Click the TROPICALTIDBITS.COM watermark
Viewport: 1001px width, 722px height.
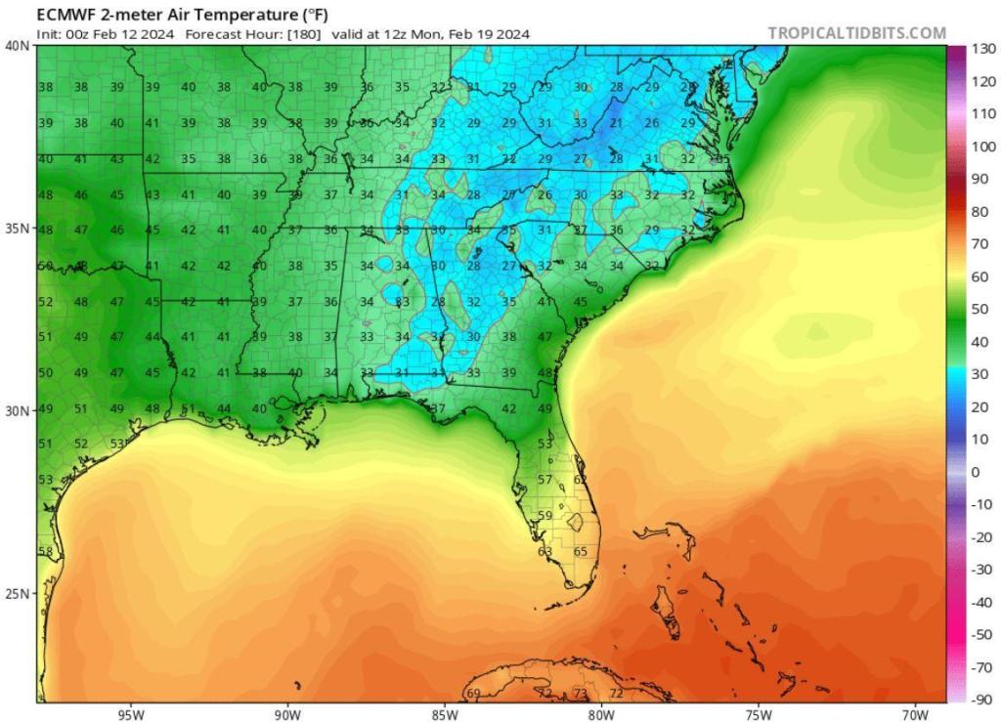coord(856,33)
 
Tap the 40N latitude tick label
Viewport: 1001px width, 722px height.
coord(17,45)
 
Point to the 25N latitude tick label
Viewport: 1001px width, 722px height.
coord(17,594)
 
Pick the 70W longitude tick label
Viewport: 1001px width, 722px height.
coord(914,712)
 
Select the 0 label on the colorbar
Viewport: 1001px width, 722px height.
coord(975,472)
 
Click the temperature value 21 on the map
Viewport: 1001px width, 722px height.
coord(616,124)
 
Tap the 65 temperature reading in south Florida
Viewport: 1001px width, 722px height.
coord(580,552)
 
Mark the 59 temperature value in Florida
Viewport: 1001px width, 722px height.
coord(545,516)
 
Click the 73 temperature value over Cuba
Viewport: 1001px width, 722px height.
coord(580,694)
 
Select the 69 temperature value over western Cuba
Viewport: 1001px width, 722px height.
coord(473,694)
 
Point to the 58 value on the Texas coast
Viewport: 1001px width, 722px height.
coord(45,552)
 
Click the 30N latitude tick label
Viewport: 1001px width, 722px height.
coord(17,411)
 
